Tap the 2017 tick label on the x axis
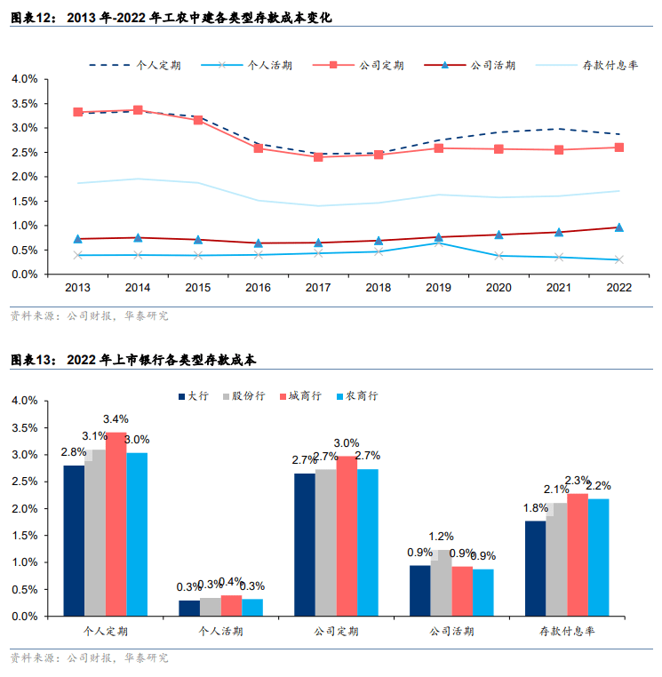(318, 288)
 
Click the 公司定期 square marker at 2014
(138, 110)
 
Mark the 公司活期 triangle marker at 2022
(619, 227)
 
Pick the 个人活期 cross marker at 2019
(439, 243)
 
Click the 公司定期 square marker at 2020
(498, 149)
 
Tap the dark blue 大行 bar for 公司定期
(304, 544)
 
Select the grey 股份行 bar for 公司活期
(442, 583)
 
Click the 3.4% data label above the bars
(116, 419)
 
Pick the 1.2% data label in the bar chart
(442, 537)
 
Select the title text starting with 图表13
(132, 361)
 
